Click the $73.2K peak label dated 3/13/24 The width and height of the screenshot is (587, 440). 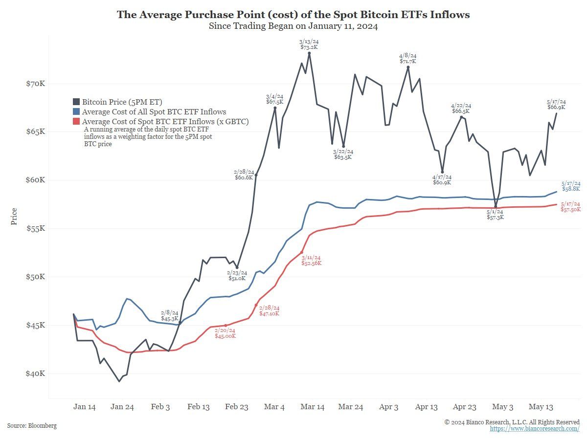point(309,44)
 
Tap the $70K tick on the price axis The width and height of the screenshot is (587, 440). point(35,84)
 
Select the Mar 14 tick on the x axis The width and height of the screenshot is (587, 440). point(312,407)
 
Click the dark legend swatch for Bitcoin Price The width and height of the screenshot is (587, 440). point(76,102)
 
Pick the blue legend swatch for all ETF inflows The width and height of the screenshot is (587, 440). point(76,112)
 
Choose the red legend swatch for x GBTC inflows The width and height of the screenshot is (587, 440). point(76,122)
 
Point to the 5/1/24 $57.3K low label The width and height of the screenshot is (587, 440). point(496,214)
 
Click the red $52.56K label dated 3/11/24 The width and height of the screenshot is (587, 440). point(312,260)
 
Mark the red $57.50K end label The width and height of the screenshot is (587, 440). point(571,206)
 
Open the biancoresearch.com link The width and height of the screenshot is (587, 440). point(535,429)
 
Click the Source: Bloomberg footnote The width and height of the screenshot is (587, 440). point(32,426)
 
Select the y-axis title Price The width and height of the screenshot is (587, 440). point(14,217)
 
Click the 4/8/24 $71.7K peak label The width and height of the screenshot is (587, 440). point(407,59)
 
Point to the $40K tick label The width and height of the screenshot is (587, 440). point(35,374)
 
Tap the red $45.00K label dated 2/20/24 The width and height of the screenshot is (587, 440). point(226,333)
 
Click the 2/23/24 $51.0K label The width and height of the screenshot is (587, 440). point(237,275)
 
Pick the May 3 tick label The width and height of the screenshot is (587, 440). point(502,407)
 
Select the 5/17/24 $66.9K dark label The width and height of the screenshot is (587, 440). point(556,104)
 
